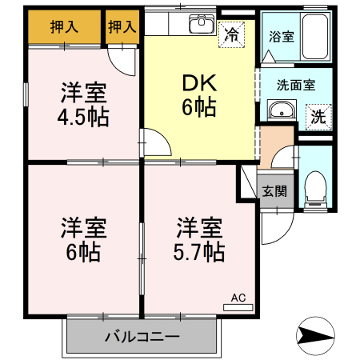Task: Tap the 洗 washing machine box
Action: click(x=318, y=114)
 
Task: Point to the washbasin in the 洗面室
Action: click(x=279, y=111)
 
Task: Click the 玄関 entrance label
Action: click(x=275, y=192)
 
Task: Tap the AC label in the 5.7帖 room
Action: click(x=238, y=297)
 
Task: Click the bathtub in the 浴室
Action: click(x=311, y=36)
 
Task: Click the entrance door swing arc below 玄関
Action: click(x=270, y=228)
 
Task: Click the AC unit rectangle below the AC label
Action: click(x=238, y=307)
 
